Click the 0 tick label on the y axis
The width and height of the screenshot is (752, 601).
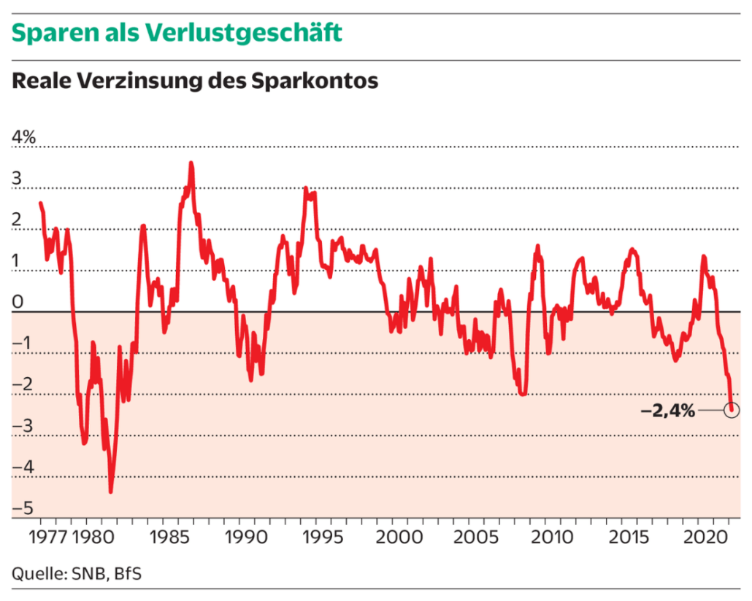coord(18,302)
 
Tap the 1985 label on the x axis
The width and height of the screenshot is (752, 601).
coord(165,538)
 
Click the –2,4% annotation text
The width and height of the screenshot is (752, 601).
coord(667,411)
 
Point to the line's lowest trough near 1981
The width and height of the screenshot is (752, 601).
coord(111,491)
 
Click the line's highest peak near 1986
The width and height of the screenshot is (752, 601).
coord(191,163)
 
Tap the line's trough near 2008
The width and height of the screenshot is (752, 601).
coord(522,394)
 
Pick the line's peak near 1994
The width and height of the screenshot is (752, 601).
coord(306,189)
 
